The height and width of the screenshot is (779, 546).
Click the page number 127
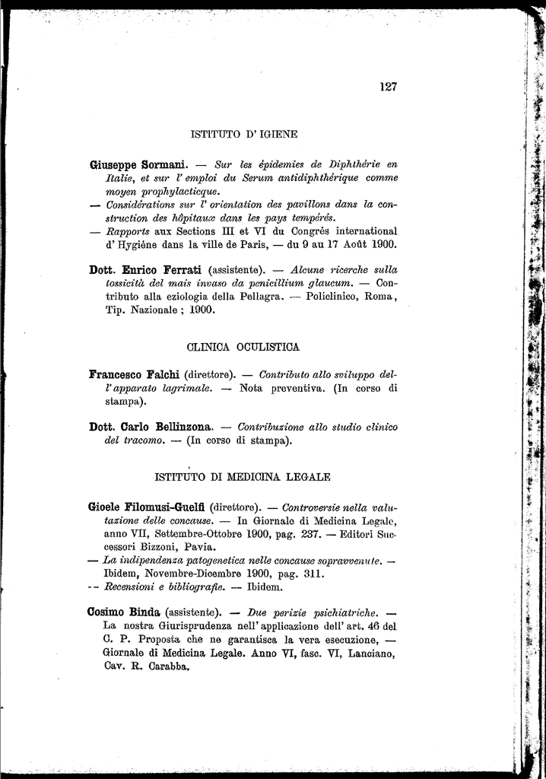[x=388, y=87]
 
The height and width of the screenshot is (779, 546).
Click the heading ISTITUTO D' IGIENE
[x=243, y=134]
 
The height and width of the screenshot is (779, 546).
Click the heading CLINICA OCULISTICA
[x=243, y=347]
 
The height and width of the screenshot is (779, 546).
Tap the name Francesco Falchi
[x=134, y=375]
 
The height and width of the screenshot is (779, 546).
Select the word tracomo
[x=140, y=440]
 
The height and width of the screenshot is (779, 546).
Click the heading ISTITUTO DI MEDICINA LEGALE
[x=243, y=478]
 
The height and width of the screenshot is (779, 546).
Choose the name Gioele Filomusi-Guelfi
[x=148, y=507]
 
